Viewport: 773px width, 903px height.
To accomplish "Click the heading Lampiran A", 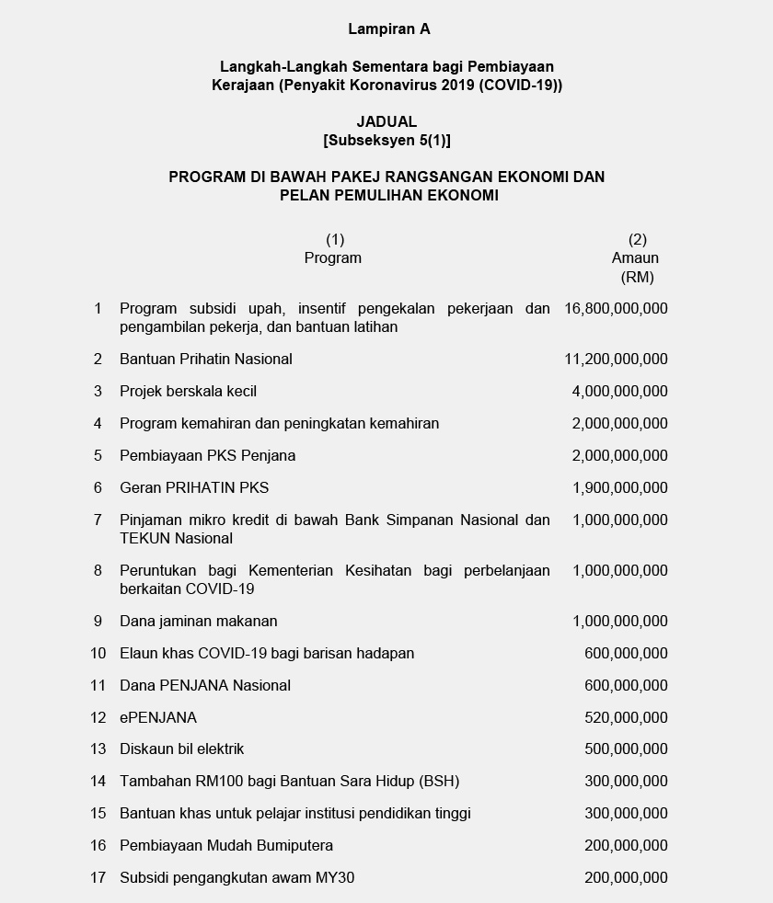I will (388, 29).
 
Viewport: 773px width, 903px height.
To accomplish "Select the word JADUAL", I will (386, 121).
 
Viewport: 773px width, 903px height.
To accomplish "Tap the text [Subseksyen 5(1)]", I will (386, 141).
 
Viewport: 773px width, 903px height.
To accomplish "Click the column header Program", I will (333, 258).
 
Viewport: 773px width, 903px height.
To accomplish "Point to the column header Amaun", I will (635, 258).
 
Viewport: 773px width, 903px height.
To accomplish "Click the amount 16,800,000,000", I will (617, 309).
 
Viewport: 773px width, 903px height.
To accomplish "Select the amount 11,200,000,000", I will (617, 360).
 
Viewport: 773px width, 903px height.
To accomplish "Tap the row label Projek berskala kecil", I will (188, 392).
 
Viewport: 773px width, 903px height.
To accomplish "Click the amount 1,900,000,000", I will (620, 488).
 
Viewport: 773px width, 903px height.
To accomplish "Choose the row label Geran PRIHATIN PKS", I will (194, 488).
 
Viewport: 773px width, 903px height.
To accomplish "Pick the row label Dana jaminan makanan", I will (198, 622).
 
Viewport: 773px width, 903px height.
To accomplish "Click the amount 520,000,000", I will (626, 718).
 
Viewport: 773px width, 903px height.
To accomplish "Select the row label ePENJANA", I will (158, 718).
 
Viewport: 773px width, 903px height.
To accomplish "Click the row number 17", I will (98, 878).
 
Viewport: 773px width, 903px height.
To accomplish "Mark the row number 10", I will (98, 654).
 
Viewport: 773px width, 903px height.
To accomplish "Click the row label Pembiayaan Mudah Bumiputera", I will (226, 846).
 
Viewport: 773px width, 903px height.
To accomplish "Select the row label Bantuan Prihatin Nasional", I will (206, 360).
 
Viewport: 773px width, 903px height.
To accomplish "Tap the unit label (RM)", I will (637, 278).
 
